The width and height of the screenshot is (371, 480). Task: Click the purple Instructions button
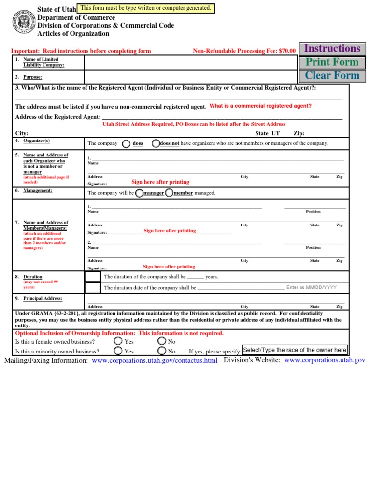coord(332,49)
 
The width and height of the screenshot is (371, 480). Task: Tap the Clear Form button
coord(332,76)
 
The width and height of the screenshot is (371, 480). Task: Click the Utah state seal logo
coord(23,22)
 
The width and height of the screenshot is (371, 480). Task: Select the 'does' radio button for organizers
coord(126,143)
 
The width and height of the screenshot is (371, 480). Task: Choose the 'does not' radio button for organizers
coord(155,143)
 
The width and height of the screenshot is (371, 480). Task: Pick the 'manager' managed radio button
coord(139,193)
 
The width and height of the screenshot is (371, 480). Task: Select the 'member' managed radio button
coord(169,193)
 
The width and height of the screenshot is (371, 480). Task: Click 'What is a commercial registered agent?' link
coord(260,106)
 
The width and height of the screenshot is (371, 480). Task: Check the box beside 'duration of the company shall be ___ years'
coord(93,277)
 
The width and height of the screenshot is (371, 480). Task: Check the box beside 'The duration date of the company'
coord(93,288)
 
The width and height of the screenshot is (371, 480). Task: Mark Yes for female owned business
coord(118,342)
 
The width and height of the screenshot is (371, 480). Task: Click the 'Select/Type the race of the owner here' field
coord(295,350)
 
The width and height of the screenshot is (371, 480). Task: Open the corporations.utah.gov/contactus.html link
coord(155,361)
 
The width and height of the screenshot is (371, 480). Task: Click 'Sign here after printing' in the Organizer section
coord(160,182)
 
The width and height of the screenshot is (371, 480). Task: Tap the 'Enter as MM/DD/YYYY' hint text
coord(312,288)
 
